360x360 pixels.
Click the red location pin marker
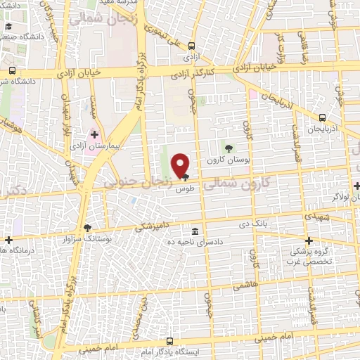point(181,165)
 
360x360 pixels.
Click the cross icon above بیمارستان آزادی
point(94,134)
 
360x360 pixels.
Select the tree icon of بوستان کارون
point(228,147)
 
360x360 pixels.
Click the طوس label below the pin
point(185,189)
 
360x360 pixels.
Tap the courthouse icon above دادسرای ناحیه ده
point(195,232)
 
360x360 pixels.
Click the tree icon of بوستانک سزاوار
point(87,227)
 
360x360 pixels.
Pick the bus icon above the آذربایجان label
point(322,118)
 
